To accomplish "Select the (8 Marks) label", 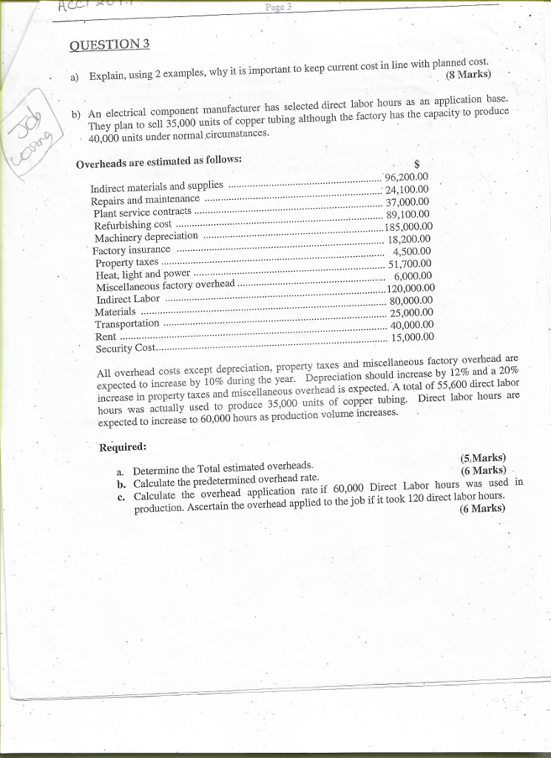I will (x=469, y=74).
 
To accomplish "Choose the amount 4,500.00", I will (x=412, y=251).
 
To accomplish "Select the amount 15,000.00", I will (x=412, y=338).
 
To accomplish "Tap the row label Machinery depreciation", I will (x=146, y=236).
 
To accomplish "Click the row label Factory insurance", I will (x=132, y=249).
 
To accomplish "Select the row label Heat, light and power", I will (x=143, y=274).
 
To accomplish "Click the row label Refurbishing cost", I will (x=133, y=224).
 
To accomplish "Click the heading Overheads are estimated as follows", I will (x=159, y=160).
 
